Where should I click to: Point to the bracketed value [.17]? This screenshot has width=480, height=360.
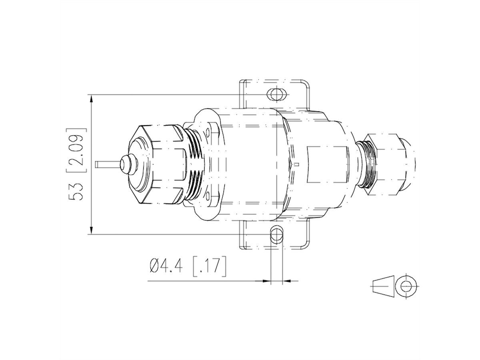[x=209, y=266]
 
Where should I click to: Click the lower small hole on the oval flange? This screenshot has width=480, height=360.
[x=208, y=196]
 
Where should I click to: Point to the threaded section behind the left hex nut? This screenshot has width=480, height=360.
[x=195, y=164]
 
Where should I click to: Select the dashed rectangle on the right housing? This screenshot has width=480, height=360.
[x=326, y=164]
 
